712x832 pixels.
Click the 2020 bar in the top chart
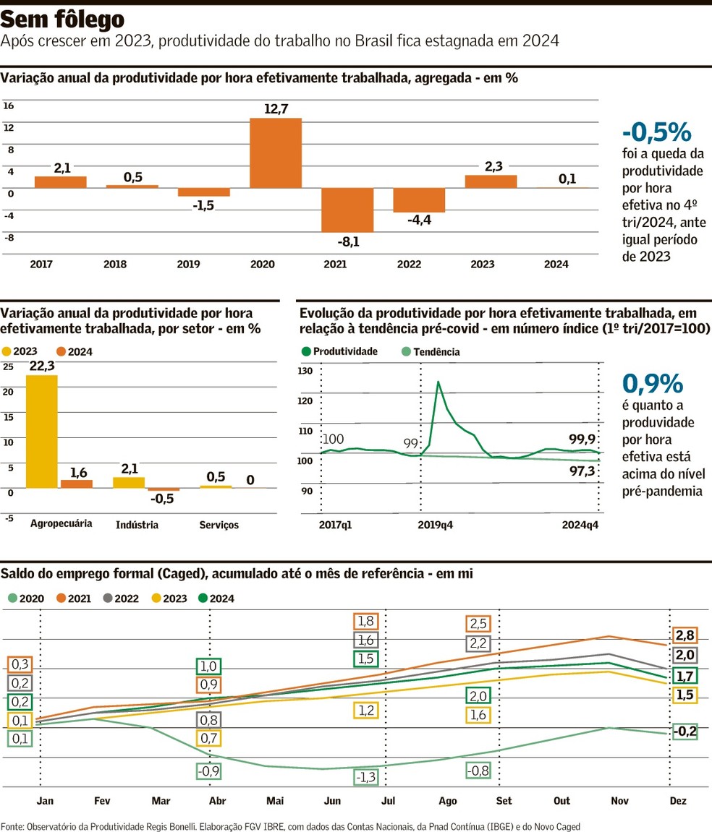pos(276,153)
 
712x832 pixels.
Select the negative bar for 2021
pos(347,210)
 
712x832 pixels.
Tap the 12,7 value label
pos(276,109)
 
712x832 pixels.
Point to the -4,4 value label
pos(419,220)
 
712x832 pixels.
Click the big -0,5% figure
pos(657,132)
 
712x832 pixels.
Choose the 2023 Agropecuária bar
pos(41,431)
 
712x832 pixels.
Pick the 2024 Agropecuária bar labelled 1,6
pos(77,484)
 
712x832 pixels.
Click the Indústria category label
pos(137,525)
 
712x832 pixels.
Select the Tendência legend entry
pos(431,352)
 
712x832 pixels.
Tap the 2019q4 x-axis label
pos(436,526)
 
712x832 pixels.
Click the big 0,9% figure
pos(652,383)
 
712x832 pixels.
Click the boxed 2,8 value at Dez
pos(685,635)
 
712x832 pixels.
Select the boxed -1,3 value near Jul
pos(366,777)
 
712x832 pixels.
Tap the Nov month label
pos(619,801)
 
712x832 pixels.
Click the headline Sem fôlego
pos(62,20)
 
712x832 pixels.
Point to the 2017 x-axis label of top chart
pos(41,265)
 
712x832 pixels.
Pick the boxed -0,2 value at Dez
pos(684,732)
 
